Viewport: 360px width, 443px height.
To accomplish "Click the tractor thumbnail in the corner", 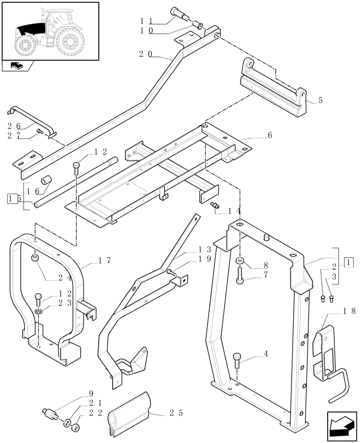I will [x=50, y=30].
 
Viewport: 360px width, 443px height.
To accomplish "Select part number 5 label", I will [x=321, y=101].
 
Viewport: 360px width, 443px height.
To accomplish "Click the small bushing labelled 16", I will [x=46, y=181].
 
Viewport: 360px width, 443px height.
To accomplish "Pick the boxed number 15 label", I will [x=13, y=198].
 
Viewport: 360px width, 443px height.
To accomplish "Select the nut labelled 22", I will [x=76, y=428].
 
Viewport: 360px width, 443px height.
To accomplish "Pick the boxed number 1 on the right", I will [x=350, y=262].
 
